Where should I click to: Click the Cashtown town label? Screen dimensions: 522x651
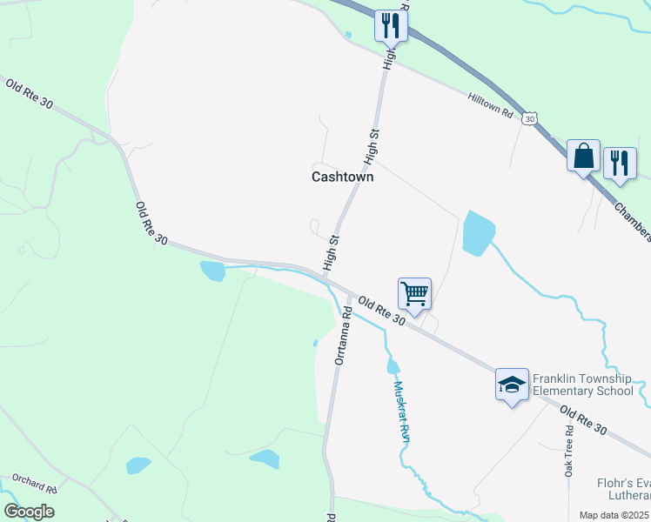[x=342, y=177]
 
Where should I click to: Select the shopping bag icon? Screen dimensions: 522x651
[x=583, y=157]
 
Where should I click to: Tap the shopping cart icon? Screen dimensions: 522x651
[x=415, y=293]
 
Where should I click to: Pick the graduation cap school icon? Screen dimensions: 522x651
[x=512, y=385]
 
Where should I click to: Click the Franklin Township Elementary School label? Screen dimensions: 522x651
[x=582, y=385]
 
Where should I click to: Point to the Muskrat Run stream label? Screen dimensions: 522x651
[x=401, y=412]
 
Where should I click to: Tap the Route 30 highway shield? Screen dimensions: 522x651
[x=529, y=118]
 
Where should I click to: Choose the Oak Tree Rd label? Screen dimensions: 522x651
[x=568, y=449]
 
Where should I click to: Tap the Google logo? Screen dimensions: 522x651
[x=30, y=512]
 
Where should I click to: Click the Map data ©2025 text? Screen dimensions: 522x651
[x=614, y=515]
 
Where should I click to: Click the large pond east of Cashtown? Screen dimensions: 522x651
[x=478, y=232]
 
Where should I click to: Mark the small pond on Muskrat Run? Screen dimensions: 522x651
[x=393, y=366]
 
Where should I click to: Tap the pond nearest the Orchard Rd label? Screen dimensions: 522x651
[x=138, y=465]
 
